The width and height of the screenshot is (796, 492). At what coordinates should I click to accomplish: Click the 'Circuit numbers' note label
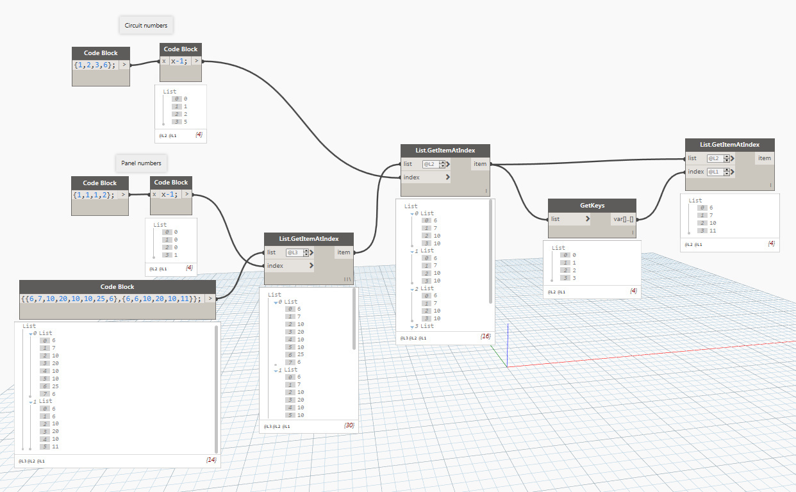146,26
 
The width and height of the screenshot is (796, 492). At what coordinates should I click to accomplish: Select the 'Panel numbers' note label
141,163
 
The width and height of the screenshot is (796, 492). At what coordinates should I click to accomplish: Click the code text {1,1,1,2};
94,195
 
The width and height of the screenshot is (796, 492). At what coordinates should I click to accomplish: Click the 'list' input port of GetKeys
569,219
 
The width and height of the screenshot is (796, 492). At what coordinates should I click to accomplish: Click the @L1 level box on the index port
718,172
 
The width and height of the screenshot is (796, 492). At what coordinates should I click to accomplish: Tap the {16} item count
485,336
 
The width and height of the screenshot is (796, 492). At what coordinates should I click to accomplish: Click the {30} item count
349,425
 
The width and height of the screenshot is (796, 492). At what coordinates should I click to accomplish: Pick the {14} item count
211,460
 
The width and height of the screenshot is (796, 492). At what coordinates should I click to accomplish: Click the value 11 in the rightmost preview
713,231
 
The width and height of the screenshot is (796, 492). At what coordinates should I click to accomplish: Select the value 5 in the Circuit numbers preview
185,122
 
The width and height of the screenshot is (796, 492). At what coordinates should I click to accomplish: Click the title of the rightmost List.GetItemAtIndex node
730,145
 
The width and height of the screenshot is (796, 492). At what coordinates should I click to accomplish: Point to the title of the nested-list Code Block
117,286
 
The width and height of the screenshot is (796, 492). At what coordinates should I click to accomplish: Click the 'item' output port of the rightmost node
764,158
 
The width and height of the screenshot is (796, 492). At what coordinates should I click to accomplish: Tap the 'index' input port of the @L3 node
288,265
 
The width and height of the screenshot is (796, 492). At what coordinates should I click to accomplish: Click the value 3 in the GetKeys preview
574,278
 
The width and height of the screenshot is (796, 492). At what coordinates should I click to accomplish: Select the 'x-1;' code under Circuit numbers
180,61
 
